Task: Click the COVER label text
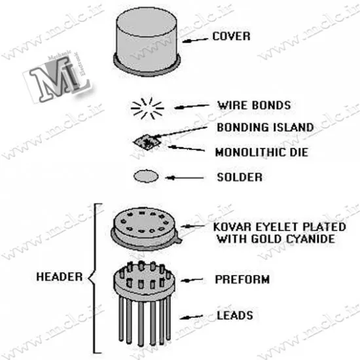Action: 231,37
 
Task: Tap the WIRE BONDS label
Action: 254,105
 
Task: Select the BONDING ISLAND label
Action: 265,128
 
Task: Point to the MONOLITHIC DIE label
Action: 262,153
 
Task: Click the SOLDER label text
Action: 240,177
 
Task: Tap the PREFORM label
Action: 242,279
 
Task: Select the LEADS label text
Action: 235,315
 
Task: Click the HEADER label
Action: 60,277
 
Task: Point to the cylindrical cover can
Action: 147,41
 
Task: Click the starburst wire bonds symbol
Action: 147,108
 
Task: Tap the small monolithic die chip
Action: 147,142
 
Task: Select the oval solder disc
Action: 146,176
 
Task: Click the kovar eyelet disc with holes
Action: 145,228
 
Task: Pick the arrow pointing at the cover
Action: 195,40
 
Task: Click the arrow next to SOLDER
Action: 185,177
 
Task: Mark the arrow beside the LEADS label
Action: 191,317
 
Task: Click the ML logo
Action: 58,77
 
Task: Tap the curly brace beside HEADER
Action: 94,278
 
